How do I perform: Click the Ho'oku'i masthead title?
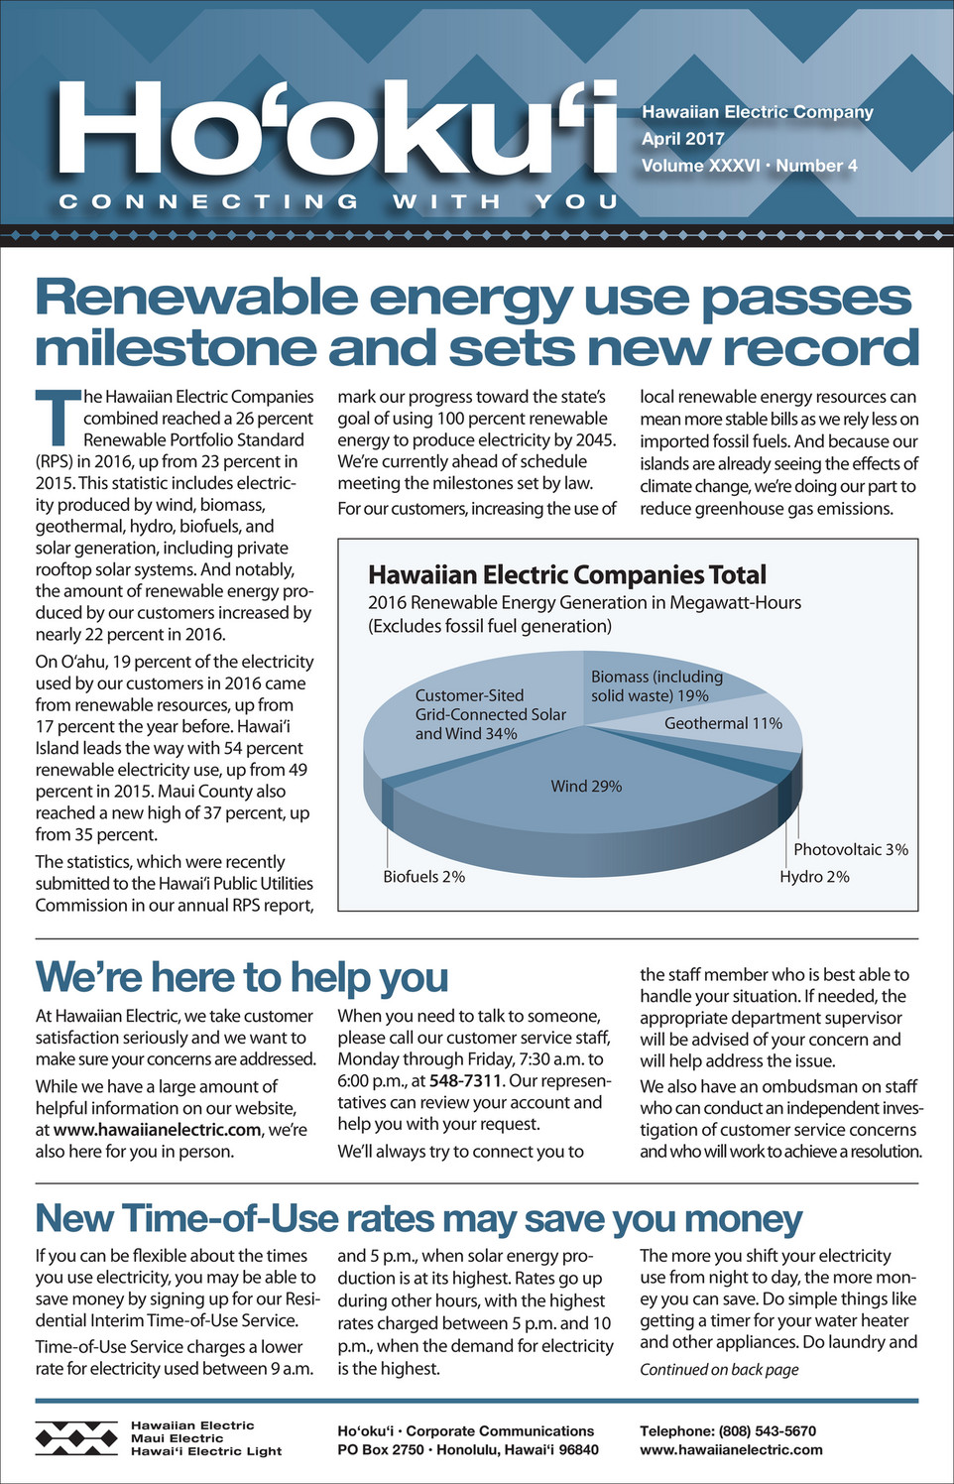[337, 129]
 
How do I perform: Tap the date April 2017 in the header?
[683, 139]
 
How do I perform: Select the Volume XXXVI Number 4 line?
[749, 166]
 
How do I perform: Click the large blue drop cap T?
[57, 418]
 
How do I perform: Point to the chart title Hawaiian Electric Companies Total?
[566, 575]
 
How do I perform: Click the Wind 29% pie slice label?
[586, 787]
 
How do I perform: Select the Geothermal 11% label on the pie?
[723, 724]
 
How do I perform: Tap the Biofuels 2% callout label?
[423, 877]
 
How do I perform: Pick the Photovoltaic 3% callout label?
[850, 850]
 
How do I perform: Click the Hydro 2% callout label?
[814, 877]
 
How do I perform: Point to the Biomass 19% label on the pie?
[656, 686]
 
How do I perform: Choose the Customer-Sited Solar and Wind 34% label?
[490, 715]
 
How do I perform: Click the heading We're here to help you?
[242, 977]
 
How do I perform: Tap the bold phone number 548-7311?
[465, 1080]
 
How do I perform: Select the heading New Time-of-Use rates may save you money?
[418, 1218]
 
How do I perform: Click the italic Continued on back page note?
[719, 1370]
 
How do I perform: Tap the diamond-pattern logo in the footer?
[76, 1437]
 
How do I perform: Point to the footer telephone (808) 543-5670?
[728, 1431]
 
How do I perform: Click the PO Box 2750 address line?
[467, 1450]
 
